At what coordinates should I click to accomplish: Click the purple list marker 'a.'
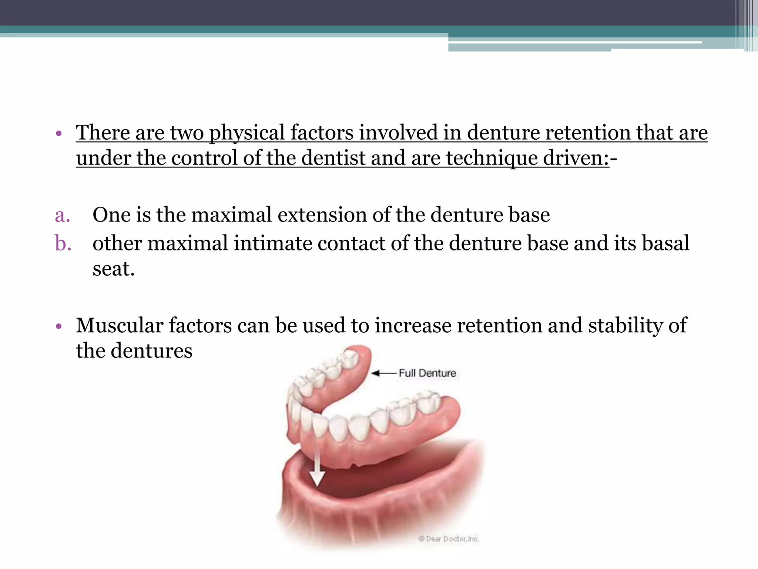coord(63,215)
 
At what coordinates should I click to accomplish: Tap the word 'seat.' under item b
coord(113,269)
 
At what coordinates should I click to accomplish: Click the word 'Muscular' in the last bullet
coord(120,326)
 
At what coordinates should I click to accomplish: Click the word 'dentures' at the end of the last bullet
coord(152,351)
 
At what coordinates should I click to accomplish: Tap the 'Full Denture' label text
coord(427,373)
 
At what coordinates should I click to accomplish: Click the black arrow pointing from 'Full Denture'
coord(383,373)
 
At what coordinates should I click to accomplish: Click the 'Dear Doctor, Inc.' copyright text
coord(449,539)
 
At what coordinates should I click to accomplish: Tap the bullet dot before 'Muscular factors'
coord(58,327)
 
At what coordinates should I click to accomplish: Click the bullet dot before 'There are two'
coord(58,134)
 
